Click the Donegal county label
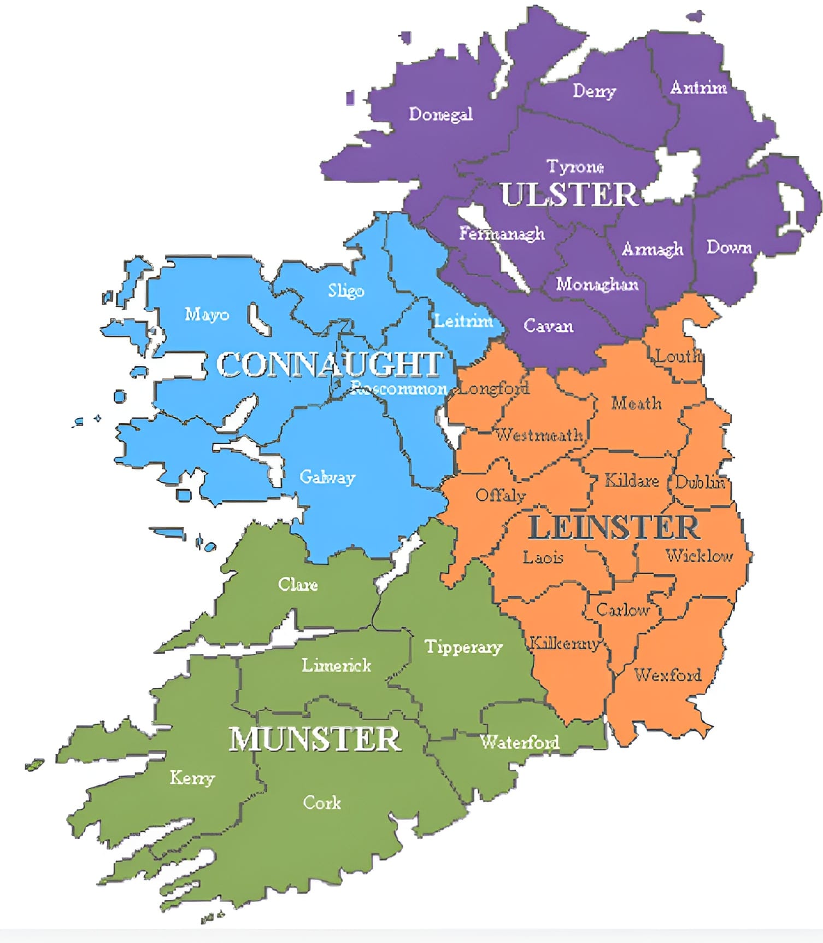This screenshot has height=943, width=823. (440, 114)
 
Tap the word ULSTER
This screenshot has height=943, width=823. (569, 194)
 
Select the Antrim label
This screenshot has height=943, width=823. (698, 88)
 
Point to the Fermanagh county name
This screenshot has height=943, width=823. (502, 234)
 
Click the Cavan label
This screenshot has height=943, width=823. (548, 326)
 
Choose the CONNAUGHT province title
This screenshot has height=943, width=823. (330, 364)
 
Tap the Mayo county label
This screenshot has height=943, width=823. (207, 315)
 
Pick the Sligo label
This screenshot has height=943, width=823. (346, 290)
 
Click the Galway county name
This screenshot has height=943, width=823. (327, 477)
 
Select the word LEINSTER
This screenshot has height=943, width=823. (614, 527)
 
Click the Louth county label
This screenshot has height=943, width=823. (678, 357)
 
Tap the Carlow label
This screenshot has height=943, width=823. (622, 609)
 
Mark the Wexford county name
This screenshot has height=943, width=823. (668, 674)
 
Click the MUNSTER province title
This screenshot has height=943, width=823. (315, 740)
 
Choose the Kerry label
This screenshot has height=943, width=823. (192, 777)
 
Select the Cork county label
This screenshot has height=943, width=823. (322, 802)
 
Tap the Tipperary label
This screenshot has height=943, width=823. (463, 647)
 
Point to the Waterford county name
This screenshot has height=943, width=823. (519, 742)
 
